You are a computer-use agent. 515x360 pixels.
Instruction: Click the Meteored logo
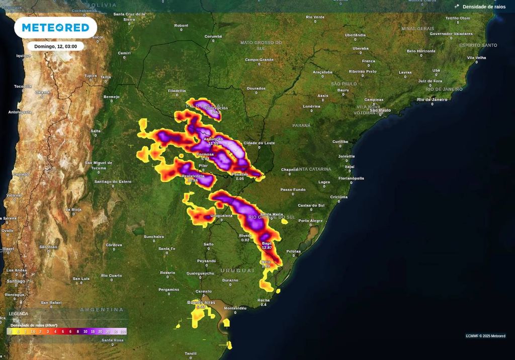pos(55,28)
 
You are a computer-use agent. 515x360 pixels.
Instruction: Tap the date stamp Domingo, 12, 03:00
pos(55,46)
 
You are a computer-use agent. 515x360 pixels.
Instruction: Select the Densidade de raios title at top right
pos(484,7)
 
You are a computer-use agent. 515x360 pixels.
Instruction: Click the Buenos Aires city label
pos(201,302)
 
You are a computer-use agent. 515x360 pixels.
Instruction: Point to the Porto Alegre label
pos(310,221)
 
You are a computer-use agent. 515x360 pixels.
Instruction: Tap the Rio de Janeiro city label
pos(432,100)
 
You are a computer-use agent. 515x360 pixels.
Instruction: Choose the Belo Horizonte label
pos(421,51)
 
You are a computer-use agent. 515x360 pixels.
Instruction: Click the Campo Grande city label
pos(259,60)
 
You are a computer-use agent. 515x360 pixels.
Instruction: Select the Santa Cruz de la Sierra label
pos(129,17)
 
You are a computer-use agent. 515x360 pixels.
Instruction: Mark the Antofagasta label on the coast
pos(20,112)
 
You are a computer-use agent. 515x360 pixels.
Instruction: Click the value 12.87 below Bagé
pos(267,248)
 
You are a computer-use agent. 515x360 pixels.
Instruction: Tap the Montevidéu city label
pos(235,308)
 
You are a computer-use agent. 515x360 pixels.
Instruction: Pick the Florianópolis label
pos(351,178)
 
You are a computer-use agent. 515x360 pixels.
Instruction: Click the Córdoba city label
pos(114,245)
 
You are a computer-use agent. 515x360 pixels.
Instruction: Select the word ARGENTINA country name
pos(102,310)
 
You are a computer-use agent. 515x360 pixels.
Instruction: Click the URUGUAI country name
pos(237,271)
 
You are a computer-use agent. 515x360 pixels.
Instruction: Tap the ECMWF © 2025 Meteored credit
pos(485,336)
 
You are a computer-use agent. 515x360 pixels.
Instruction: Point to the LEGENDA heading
pos(19,314)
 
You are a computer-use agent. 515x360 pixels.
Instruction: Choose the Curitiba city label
pos(340,142)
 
